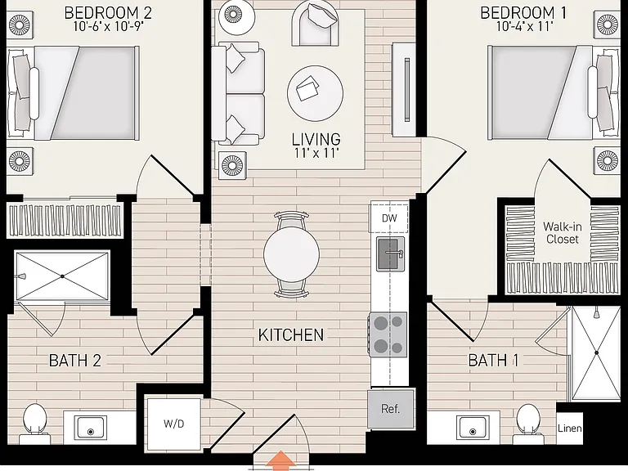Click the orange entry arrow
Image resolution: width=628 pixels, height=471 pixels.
click(280, 460)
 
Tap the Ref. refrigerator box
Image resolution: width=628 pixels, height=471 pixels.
click(391, 409)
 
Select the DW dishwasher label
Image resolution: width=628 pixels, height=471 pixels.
click(389, 218)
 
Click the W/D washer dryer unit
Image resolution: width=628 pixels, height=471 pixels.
click(173, 424)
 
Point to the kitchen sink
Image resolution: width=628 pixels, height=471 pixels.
click(390, 253)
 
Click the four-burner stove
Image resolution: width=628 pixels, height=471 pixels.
click(388, 334)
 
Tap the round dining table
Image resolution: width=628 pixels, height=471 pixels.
click(292, 254)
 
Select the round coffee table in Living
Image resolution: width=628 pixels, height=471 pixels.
click(315, 93)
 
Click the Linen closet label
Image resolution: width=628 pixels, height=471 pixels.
click(569, 428)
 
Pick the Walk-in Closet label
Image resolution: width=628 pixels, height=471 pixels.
click(563, 233)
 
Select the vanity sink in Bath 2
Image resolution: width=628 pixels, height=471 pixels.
click(91, 428)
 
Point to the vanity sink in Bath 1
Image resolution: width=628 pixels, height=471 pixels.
click(473, 428)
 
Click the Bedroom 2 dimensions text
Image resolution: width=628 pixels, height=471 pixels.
click(108, 26)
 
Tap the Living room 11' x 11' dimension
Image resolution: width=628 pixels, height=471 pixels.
click(316, 153)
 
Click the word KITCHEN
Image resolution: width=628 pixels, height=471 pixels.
click(291, 334)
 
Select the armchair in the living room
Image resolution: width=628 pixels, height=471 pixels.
click(315, 23)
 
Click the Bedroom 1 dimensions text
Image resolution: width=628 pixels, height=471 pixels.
click(524, 26)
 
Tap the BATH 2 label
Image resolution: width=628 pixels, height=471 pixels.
click(75, 361)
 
